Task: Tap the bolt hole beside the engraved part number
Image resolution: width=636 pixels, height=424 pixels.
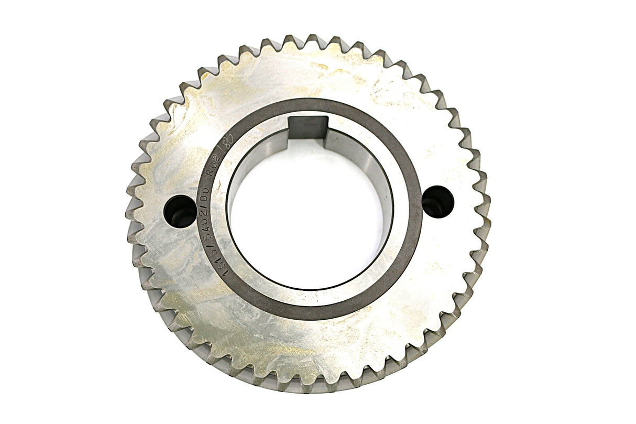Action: pos(180,210)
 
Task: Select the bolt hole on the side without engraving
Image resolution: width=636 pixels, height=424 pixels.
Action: pos(438,201)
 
